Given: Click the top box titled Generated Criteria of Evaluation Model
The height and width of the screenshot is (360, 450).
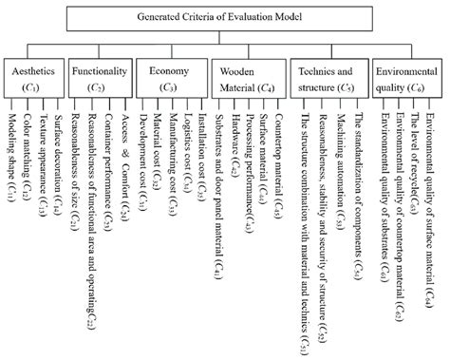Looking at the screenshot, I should [225, 17].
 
